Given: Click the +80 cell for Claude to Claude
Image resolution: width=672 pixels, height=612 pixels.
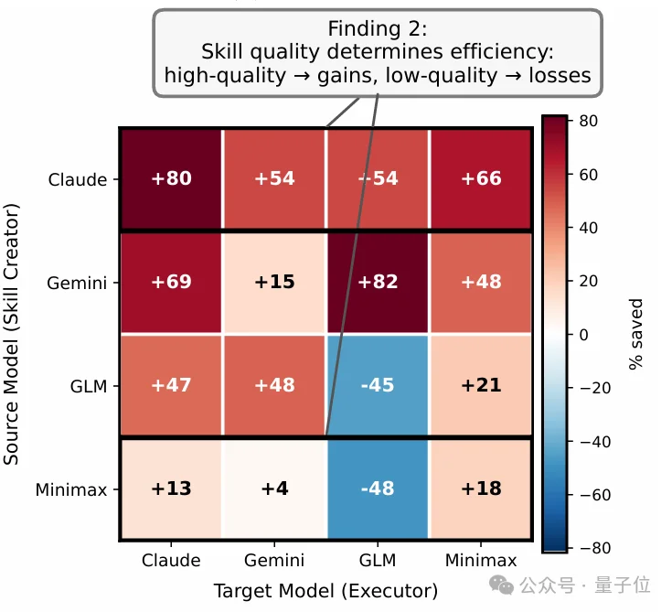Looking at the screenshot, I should (171, 179).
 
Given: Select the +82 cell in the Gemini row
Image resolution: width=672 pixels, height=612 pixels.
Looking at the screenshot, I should (378, 283).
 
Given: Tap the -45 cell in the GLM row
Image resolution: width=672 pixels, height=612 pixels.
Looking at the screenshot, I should (378, 385).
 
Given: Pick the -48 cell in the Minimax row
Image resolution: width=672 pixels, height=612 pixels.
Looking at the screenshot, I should (378, 489).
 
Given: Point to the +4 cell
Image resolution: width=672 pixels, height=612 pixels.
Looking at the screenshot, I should (274, 489).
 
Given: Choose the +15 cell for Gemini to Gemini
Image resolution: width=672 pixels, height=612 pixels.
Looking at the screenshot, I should (274, 283).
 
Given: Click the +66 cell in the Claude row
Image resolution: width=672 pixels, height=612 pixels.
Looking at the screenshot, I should (481, 179).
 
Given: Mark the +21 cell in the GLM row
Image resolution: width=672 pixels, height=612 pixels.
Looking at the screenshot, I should (481, 385).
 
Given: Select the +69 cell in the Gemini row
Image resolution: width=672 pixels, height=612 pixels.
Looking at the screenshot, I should (171, 283).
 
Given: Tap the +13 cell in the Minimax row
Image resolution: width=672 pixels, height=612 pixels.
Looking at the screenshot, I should (171, 489).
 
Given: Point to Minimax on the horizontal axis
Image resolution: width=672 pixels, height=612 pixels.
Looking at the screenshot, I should (481, 560).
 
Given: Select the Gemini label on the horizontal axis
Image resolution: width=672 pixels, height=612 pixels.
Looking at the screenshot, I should (274, 560).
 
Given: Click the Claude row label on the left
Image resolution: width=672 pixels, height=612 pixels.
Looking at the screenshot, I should (78, 179).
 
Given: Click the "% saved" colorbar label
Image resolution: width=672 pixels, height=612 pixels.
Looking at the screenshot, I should (636, 334).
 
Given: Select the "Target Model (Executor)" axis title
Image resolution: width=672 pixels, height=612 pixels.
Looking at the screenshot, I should (325, 590).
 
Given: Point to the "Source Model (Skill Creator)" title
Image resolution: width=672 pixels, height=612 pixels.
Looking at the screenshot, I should (12, 335).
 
